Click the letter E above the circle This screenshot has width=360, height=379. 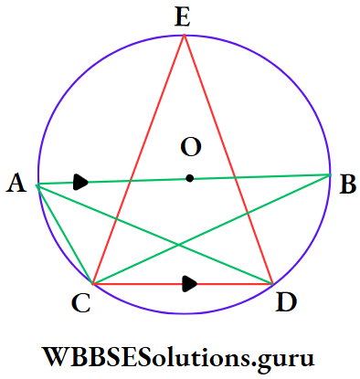click(x=184, y=15)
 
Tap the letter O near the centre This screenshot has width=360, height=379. click(x=190, y=146)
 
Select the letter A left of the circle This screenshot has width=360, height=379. click(x=16, y=184)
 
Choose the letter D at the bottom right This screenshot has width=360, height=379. click(x=284, y=304)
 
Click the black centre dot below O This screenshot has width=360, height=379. click(x=189, y=178)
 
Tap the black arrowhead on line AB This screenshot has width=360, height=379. click(x=81, y=183)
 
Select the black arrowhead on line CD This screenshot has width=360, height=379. click(x=189, y=284)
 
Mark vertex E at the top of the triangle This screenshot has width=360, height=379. click(x=185, y=35)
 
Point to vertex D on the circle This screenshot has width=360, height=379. click(x=272, y=283)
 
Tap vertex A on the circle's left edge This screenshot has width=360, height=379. click(x=37, y=185)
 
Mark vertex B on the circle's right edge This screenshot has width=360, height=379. click(x=329, y=174)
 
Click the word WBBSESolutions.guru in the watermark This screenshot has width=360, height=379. click(x=179, y=353)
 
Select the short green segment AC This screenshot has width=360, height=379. click(x=65, y=235)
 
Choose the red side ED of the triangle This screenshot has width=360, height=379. click(x=228, y=159)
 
